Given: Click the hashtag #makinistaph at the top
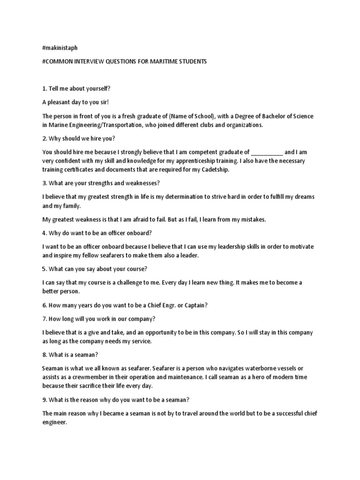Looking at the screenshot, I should point(60,48).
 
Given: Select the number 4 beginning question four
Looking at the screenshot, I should point(44,233).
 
